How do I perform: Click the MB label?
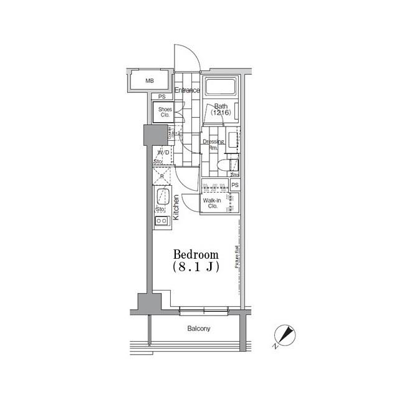coord(150,81)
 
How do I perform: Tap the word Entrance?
coord(187,90)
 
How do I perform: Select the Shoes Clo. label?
coord(165,112)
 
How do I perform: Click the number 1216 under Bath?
coord(220,113)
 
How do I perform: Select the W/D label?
coord(163,152)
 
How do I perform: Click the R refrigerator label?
coord(162,176)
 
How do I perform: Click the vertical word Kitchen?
coord(176,208)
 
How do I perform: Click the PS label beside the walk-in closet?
coord(235,185)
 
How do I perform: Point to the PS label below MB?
coord(162,97)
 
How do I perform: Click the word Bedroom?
coord(196,254)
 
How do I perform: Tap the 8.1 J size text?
coord(195,266)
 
